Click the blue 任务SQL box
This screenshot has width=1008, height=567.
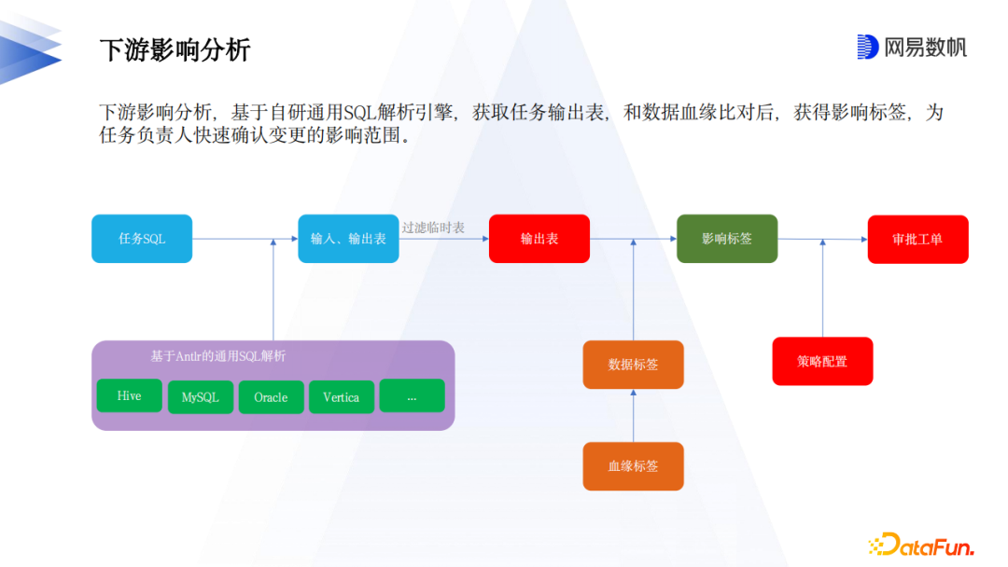[x=142, y=239]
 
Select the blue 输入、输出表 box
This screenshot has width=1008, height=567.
[x=348, y=239]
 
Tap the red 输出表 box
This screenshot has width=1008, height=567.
[x=539, y=239]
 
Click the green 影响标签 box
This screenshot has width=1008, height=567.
[x=727, y=239]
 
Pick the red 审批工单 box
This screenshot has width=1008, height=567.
[x=917, y=239]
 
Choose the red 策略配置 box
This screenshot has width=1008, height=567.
[x=822, y=361]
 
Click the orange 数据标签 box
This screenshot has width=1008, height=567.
[x=634, y=365]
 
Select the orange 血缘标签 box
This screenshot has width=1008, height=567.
[x=634, y=465]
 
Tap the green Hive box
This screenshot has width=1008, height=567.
[x=130, y=395]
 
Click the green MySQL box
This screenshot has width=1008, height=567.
[x=201, y=396]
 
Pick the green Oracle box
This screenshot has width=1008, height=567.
[x=271, y=396]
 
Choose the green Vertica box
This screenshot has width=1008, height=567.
[x=342, y=396]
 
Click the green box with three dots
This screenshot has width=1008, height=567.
[x=412, y=395]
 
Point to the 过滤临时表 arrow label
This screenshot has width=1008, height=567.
[x=433, y=228]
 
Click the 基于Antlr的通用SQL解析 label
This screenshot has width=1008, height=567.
[x=218, y=356]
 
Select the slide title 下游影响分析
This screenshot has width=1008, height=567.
[x=175, y=49]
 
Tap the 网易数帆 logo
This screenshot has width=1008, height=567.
[x=911, y=47]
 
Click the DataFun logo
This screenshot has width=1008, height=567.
[x=920, y=545]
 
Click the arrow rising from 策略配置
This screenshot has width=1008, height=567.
[x=822, y=289]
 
